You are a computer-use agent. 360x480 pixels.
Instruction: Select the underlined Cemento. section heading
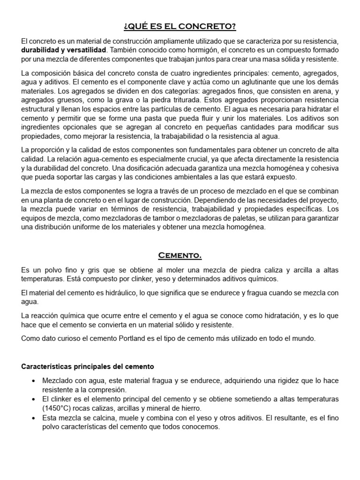(180, 255)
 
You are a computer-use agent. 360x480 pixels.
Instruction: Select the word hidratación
(275, 315)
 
